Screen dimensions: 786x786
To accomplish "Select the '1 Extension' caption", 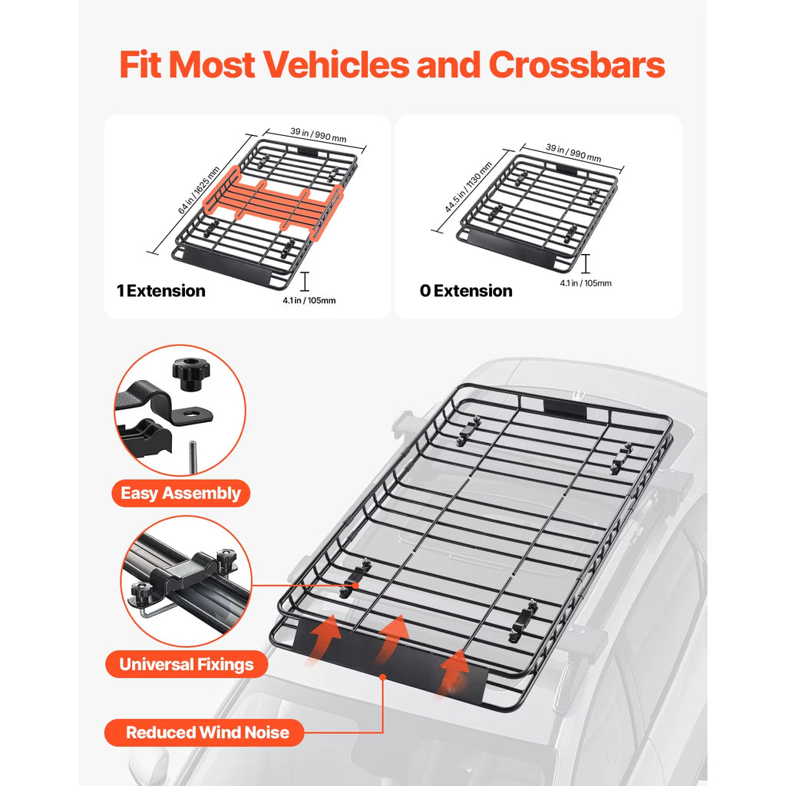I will (x=161, y=291).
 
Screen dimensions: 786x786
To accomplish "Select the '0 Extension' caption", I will (x=466, y=291).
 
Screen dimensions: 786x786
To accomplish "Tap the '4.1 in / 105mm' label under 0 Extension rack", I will (x=586, y=283).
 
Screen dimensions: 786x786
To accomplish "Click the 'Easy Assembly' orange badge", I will (x=180, y=493).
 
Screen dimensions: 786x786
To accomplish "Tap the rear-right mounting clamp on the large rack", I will (x=619, y=458).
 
